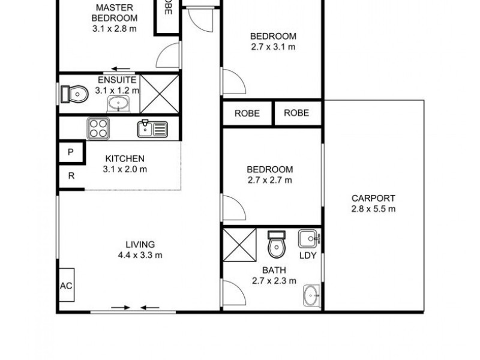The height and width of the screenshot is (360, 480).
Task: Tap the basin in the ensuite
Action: click(x=120, y=104)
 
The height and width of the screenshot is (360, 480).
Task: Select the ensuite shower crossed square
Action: click(x=160, y=93)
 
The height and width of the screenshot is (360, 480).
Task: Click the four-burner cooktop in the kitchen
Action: click(x=98, y=127)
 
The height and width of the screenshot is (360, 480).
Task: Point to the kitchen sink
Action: click(x=152, y=128)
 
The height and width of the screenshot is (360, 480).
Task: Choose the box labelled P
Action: click(x=70, y=152)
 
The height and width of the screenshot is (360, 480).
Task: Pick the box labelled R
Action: click(x=70, y=176)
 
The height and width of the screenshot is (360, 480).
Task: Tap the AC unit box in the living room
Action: click(x=66, y=286)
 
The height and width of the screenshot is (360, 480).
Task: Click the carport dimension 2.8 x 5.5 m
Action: click(x=373, y=209)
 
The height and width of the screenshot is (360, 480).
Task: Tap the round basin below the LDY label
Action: click(x=311, y=295)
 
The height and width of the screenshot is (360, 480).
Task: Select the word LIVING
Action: click(x=140, y=244)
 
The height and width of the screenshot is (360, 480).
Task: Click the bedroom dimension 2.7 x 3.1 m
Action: click(x=273, y=47)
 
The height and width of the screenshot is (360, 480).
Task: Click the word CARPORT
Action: click(x=373, y=199)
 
